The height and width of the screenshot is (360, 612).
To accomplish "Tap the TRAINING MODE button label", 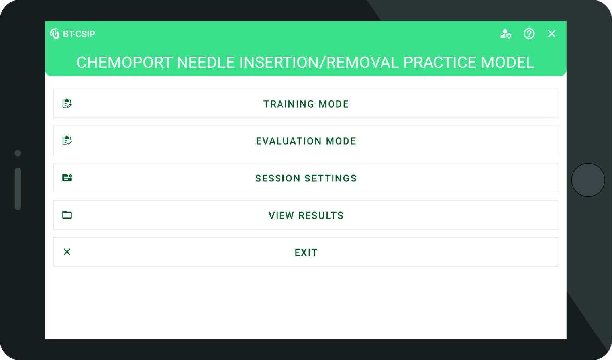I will [x=306, y=104].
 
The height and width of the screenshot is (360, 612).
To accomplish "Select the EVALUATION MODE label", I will [x=306, y=141].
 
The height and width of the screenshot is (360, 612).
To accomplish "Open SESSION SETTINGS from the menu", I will [x=306, y=178].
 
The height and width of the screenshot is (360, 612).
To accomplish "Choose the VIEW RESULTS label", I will [x=306, y=215].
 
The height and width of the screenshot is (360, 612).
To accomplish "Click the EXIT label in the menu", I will [x=306, y=252].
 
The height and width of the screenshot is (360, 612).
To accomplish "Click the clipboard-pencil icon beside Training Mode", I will [x=67, y=104].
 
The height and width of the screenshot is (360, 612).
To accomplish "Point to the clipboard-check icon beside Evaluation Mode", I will [x=67, y=141].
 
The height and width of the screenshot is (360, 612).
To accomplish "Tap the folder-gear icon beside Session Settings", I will [x=67, y=178].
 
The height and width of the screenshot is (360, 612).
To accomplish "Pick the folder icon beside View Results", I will [x=67, y=215].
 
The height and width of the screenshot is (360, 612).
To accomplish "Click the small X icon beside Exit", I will [x=67, y=252].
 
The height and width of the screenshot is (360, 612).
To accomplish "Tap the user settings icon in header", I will [x=506, y=34].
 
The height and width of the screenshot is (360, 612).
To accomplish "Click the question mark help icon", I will [x=529, y=34].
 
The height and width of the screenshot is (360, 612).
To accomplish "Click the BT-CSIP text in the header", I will [x=79, y=34].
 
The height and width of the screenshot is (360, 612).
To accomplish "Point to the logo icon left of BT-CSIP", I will [x=55, y=34].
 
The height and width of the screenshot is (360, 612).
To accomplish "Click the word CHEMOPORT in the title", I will [x=124, y=63].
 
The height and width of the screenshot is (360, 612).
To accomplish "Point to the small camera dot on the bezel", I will [x=18, y=153].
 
